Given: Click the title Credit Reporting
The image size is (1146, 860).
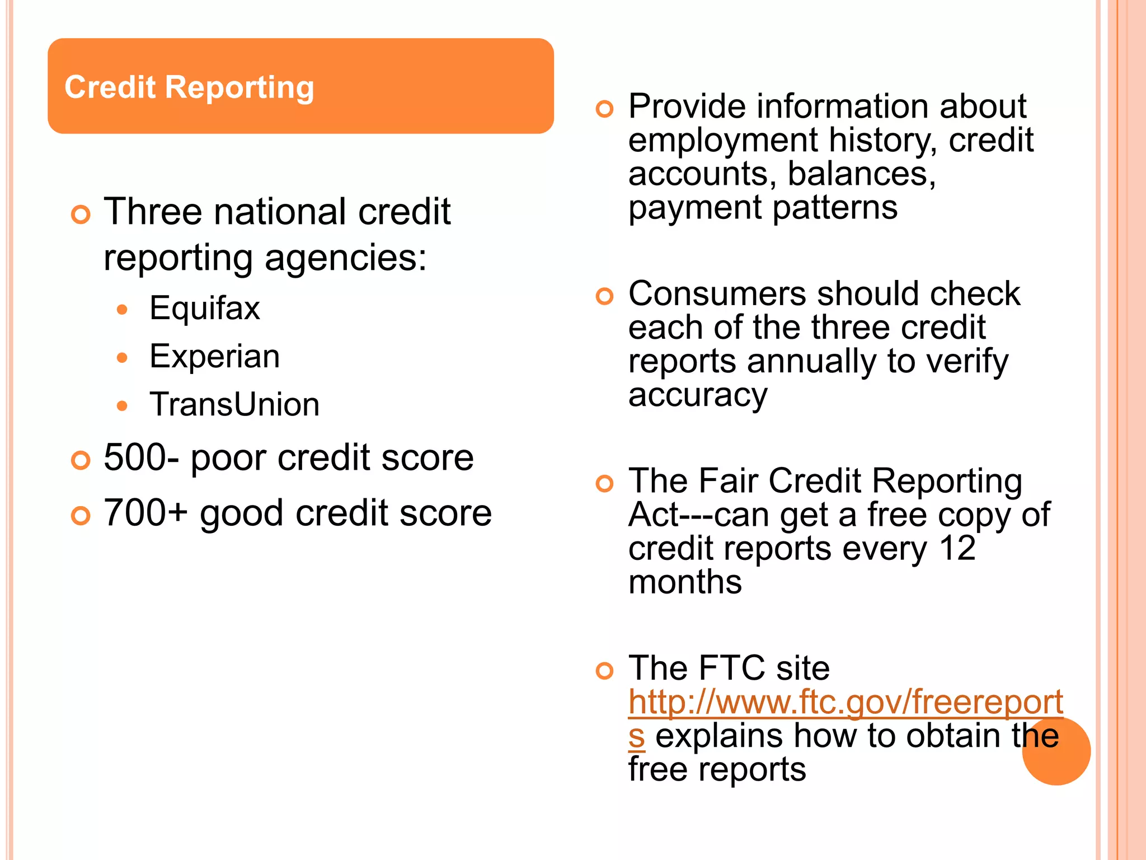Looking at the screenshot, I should (x=189, y=88).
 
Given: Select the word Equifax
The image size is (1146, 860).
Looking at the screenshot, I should (x=205, y=308).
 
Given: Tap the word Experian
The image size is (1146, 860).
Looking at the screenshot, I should (x=214, y=357).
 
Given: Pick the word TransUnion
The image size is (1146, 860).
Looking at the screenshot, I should (x=234, y=405).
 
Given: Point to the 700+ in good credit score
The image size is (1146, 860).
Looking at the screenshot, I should (x=145, y=513).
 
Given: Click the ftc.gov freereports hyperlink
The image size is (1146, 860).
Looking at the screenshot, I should (x=845, y=703).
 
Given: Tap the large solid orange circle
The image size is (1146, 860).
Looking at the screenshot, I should (x=1056, y=751).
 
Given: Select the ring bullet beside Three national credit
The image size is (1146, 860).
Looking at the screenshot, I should (x=81, y=215).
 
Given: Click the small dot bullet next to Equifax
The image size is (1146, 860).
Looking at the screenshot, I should (x=123, y=310).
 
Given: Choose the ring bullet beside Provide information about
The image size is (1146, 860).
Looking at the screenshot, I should (x=604, y=109).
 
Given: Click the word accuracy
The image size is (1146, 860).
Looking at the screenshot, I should (x=697, y=395).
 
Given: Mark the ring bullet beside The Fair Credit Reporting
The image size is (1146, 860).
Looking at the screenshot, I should (x=604, y=483).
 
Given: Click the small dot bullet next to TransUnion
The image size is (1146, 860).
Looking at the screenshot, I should (x=123, y=406).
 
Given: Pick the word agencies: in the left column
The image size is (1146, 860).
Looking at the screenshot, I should (x=345, y=259).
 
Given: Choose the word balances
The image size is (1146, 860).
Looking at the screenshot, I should (x=861, y=174).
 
